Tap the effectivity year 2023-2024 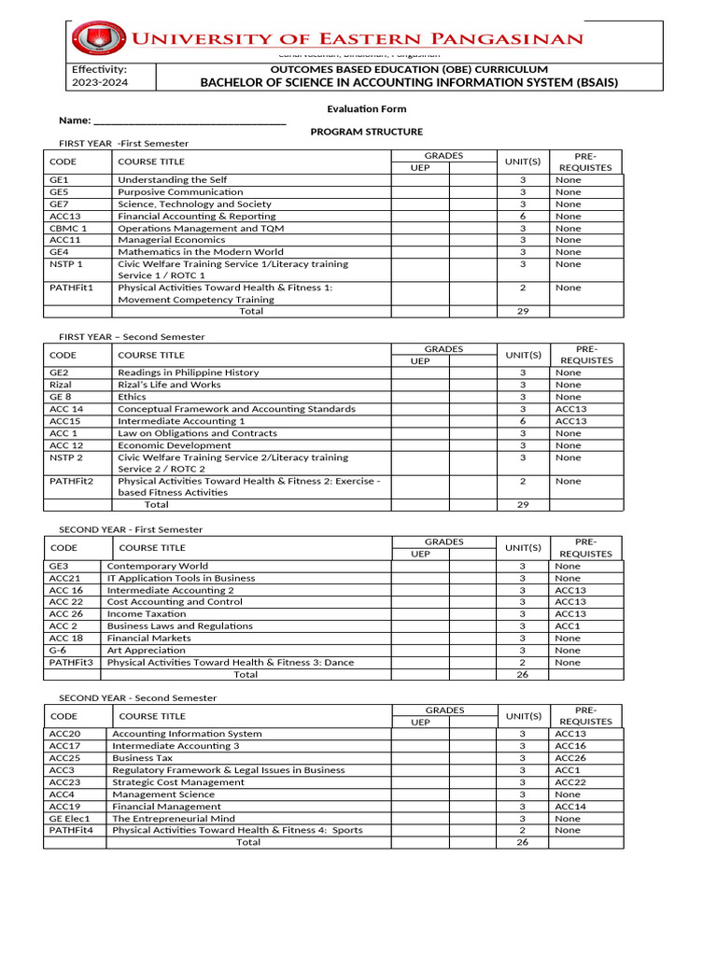click(x=100, y=82)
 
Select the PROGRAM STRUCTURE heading click(x=366, y=132)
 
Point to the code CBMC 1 click(x=68, y=228)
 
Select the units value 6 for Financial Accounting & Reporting click(x=523, y=216)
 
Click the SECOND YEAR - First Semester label click(x=131, y=529)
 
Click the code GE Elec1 click(x=70, y=819)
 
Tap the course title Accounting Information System click(x=187, y=734)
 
